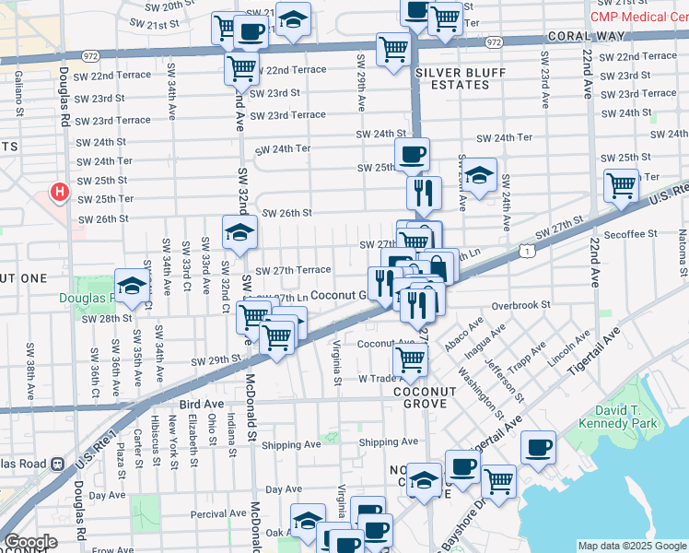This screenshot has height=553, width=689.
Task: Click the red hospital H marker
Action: click(x=60, y=192)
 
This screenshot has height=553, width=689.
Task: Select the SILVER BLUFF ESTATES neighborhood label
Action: click(x=451, y=78)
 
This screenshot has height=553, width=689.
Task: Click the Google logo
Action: click(x=30, y=542)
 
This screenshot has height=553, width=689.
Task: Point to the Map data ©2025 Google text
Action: click(x=632, y=546)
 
